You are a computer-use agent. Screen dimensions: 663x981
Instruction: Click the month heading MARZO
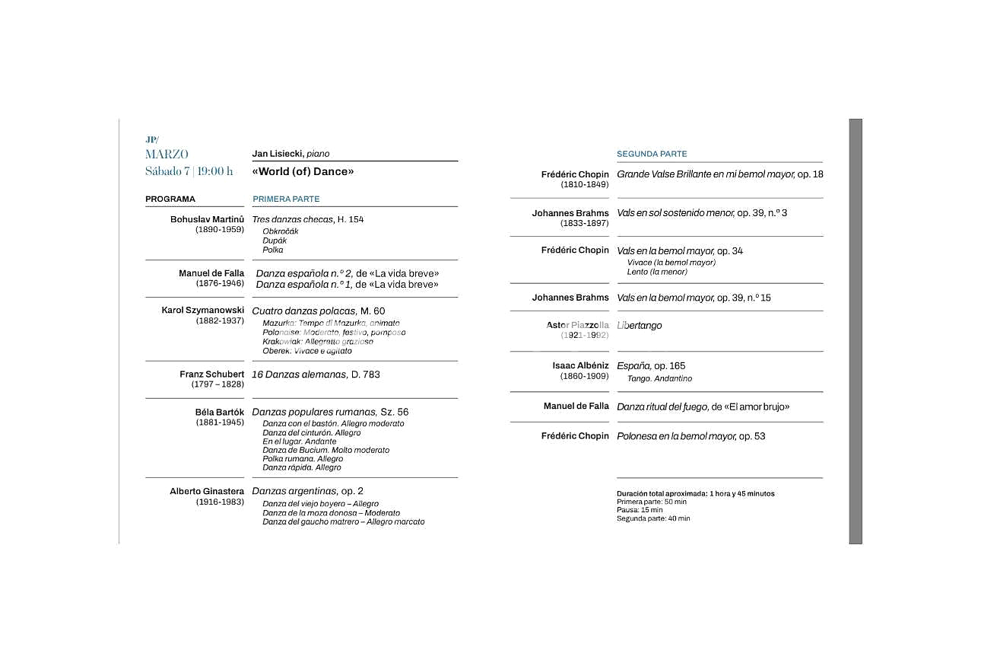tap(167, 155)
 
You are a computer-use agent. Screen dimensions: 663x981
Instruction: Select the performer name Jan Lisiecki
tap(278, 154)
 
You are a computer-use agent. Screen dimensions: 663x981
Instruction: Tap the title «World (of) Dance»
tap(303, 172)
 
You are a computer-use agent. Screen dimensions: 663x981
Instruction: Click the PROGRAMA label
tap(170, 199)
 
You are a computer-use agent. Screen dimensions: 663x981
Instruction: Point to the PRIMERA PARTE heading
tap(286, 199)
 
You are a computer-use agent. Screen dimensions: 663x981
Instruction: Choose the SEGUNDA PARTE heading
tap(652, 154)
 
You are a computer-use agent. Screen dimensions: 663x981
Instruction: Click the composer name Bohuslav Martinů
tap(207, 219)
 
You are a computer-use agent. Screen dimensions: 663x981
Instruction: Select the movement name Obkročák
tap(281, 231)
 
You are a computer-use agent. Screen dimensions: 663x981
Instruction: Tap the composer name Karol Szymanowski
tap(203, 311)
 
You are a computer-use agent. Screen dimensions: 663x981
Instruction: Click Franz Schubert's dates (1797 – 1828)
tap(217, 384)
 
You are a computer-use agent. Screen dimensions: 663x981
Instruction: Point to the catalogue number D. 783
tap(366, 375)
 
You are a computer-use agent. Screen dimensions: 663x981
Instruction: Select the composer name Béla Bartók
tap(220, 413)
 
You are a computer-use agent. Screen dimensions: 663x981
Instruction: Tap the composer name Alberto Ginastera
tap(207, 492)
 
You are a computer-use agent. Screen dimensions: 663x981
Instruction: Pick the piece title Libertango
tap(640, 326)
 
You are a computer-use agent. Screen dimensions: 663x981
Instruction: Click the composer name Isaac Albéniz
tap(580, 366)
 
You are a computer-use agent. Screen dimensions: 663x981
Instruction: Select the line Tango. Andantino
tap(659, 379)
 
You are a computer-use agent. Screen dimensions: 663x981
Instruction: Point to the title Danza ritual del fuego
tap(662, 407)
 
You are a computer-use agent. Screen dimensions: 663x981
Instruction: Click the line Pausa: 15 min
tap(640, 510)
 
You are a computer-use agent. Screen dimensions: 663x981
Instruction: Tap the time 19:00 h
tap(216, 171)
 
